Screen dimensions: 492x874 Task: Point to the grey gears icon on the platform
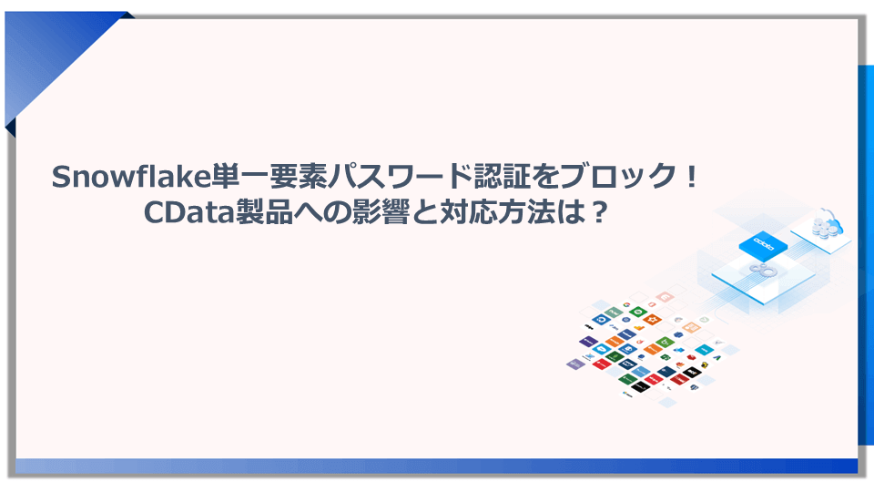coord(761,270)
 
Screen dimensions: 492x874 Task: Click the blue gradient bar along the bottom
coord(437,466)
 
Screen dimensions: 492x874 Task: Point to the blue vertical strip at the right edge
coord(866,255)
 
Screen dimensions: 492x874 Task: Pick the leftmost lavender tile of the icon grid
coord(574,364)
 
